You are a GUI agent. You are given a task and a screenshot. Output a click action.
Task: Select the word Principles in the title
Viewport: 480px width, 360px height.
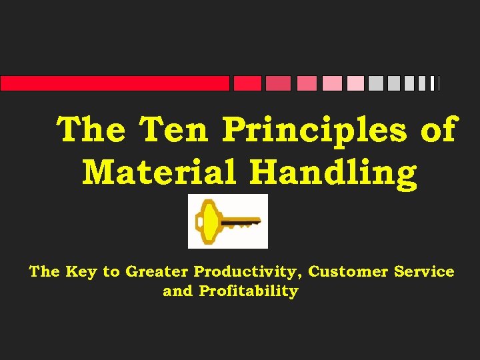click(313, 129)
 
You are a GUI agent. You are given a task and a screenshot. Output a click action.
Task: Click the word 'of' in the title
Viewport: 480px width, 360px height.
click(438, 129)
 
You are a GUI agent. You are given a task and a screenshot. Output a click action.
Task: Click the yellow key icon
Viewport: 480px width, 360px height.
click(227, 221)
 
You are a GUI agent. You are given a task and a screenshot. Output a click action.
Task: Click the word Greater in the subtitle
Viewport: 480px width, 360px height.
click(157, 272)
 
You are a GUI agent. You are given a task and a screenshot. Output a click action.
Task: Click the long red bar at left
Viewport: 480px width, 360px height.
click(115, 83)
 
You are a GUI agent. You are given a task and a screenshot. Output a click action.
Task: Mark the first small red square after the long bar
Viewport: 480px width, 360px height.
click(247, 83)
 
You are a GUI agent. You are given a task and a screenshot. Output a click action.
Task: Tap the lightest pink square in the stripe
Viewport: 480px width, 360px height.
click(355, 83)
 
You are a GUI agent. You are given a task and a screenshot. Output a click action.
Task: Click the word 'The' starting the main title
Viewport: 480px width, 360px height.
click(91, 129)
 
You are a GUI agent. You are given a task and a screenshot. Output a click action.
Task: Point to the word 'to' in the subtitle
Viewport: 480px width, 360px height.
click(112, 272)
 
